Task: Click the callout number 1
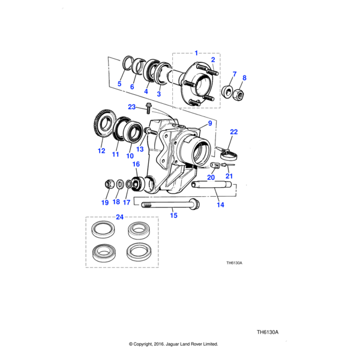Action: [195, 53]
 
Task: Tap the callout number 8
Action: [244, 77]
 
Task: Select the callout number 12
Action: [101, 151]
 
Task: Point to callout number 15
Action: [174, 215]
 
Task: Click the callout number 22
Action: [234, 131]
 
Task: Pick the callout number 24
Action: [119, 217]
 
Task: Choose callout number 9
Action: [210, 124]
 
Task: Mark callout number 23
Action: [133, 107]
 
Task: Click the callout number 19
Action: [105, 203]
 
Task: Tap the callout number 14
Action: [220, 205]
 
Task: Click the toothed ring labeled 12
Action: [98, 127]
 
